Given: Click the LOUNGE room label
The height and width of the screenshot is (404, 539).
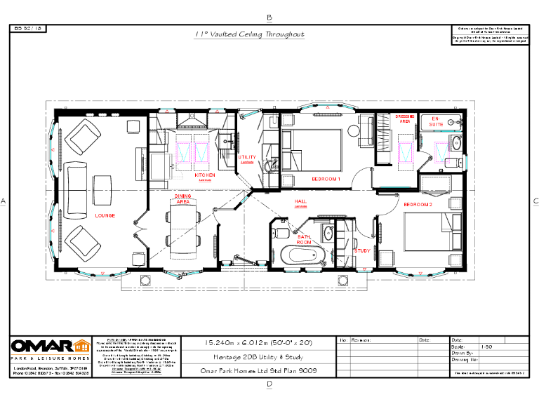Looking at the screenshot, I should click(x=105, y=215).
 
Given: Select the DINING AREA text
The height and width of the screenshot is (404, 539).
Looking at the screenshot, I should click(x=183, y=199).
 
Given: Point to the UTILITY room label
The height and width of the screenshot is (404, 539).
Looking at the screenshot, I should click(x=247, y=157).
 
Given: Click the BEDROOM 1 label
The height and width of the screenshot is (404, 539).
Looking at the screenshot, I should click(x=326, y=180).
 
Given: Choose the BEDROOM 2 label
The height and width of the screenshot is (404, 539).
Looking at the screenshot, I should click(x=417, y=204).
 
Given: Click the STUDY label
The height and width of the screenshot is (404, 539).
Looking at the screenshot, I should click(x=362, y=250).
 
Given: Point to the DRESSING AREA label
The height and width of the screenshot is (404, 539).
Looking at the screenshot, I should click(x=406, y=119).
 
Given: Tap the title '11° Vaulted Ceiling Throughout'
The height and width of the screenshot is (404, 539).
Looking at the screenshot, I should click(x=249, y=34).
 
